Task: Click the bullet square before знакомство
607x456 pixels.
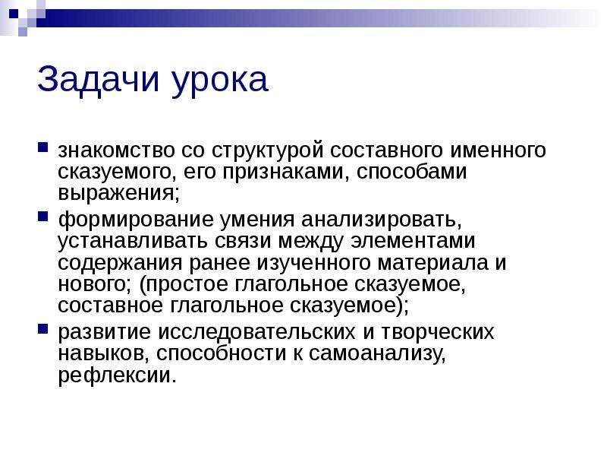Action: [43, 147]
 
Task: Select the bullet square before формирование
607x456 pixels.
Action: [43, 217]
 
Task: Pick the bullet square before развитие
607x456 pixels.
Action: [43, 329]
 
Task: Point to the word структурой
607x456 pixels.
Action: [268, 151]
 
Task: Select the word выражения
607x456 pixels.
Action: [119, 194]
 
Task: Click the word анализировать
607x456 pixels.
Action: [382, 220]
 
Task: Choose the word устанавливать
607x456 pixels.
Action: [133, 242]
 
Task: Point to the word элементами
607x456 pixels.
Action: [413, 241]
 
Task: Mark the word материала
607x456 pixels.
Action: [433, 264]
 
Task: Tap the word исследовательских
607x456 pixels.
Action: [256, 333]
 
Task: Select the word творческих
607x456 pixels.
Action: [438, 333]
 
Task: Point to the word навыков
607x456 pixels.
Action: [103, 354]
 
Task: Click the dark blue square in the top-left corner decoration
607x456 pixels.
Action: [14, 14]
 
